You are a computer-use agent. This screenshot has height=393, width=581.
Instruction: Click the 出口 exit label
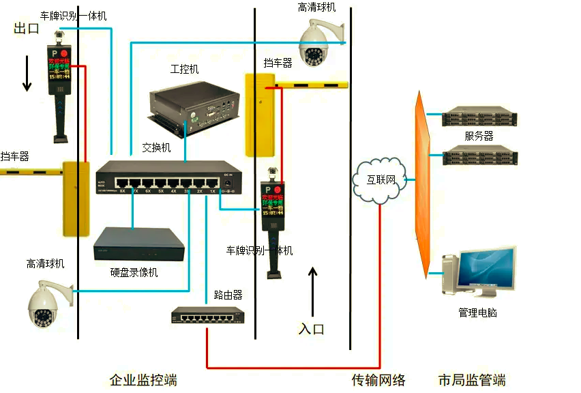click(27, 29)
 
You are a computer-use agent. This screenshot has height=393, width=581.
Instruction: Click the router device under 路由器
click(207, 315)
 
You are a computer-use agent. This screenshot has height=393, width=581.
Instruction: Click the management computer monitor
click(486, 270)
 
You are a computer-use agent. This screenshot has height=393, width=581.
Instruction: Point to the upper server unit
click(479, 117)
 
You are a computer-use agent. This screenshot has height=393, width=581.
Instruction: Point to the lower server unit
click(479, 156)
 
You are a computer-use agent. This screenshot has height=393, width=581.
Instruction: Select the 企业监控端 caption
click(143, 380)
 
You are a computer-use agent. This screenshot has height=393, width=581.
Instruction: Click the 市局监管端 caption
click(472, 380)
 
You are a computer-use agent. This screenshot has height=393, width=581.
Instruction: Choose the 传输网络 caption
click(378, 380)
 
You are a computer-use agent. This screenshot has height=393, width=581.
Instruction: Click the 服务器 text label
click(479, 136)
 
